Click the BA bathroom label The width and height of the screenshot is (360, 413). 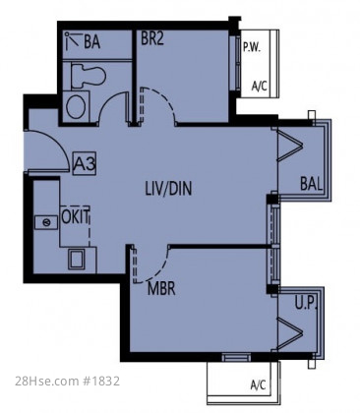[x=91, y=42]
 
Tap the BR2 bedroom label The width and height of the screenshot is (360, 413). [x=151, y=38]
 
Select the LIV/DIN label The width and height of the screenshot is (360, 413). [x=168, y=189]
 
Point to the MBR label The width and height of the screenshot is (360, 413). [x=161, y=289]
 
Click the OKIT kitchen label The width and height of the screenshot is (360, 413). [x=75, y=217]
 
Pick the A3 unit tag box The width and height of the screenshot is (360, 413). [x=85, y=163]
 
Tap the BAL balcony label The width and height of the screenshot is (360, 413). [x=311, y=184]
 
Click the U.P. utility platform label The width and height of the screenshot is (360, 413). [x=306, y=303]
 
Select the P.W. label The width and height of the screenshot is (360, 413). [x=252, y=48]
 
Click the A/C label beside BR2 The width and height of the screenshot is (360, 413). [x=259, y=87]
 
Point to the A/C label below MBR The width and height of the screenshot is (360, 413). [x=258, y=384]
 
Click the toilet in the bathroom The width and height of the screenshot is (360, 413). [x=89, y=76]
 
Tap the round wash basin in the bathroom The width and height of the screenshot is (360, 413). [x=77, y=106]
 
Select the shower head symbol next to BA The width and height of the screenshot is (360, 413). [x=72, y=40]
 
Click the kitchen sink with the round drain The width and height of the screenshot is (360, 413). [x=46, y=222]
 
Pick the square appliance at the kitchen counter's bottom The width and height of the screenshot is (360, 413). [x=77, y=259]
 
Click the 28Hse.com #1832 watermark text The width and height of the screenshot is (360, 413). [x=68, y=381]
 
